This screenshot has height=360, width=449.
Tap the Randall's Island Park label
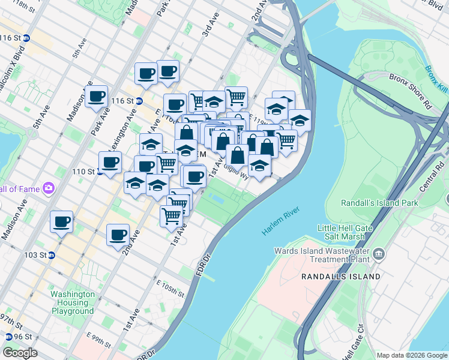[x=379, y=203]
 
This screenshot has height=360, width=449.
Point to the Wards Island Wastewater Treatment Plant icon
[x=379, y=253]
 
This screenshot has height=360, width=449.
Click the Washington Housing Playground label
[x=73, y=303]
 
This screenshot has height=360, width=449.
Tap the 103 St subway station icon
[x=52, y=255]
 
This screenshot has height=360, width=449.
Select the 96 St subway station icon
[x=9, y=337]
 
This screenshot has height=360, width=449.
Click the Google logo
[x=20, y=353]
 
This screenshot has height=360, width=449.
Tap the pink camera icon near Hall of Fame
[x=48, y=189]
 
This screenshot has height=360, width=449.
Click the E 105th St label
[x=170, y=289]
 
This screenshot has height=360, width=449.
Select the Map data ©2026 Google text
[x=412, y=355]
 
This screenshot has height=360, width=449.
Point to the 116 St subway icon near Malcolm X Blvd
[x=26, y=38]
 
